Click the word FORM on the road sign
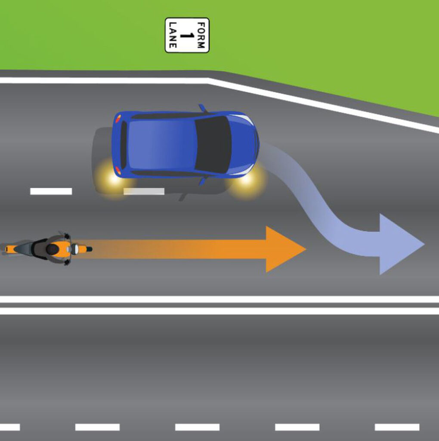tap(201, 35)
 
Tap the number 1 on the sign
tap(187, 35)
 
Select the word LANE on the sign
tap(173, 35)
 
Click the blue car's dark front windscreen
tap(213, 144)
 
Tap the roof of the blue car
tap(161, 145)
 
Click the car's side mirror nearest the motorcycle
tap(201, 181)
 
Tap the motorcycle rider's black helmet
tap(53, 249)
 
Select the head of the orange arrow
tap(284, 249)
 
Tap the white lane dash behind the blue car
tap(51, 191)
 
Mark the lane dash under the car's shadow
tap(144, 191)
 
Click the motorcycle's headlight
tap(75, 249)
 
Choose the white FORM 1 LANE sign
tap(187, 35)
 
